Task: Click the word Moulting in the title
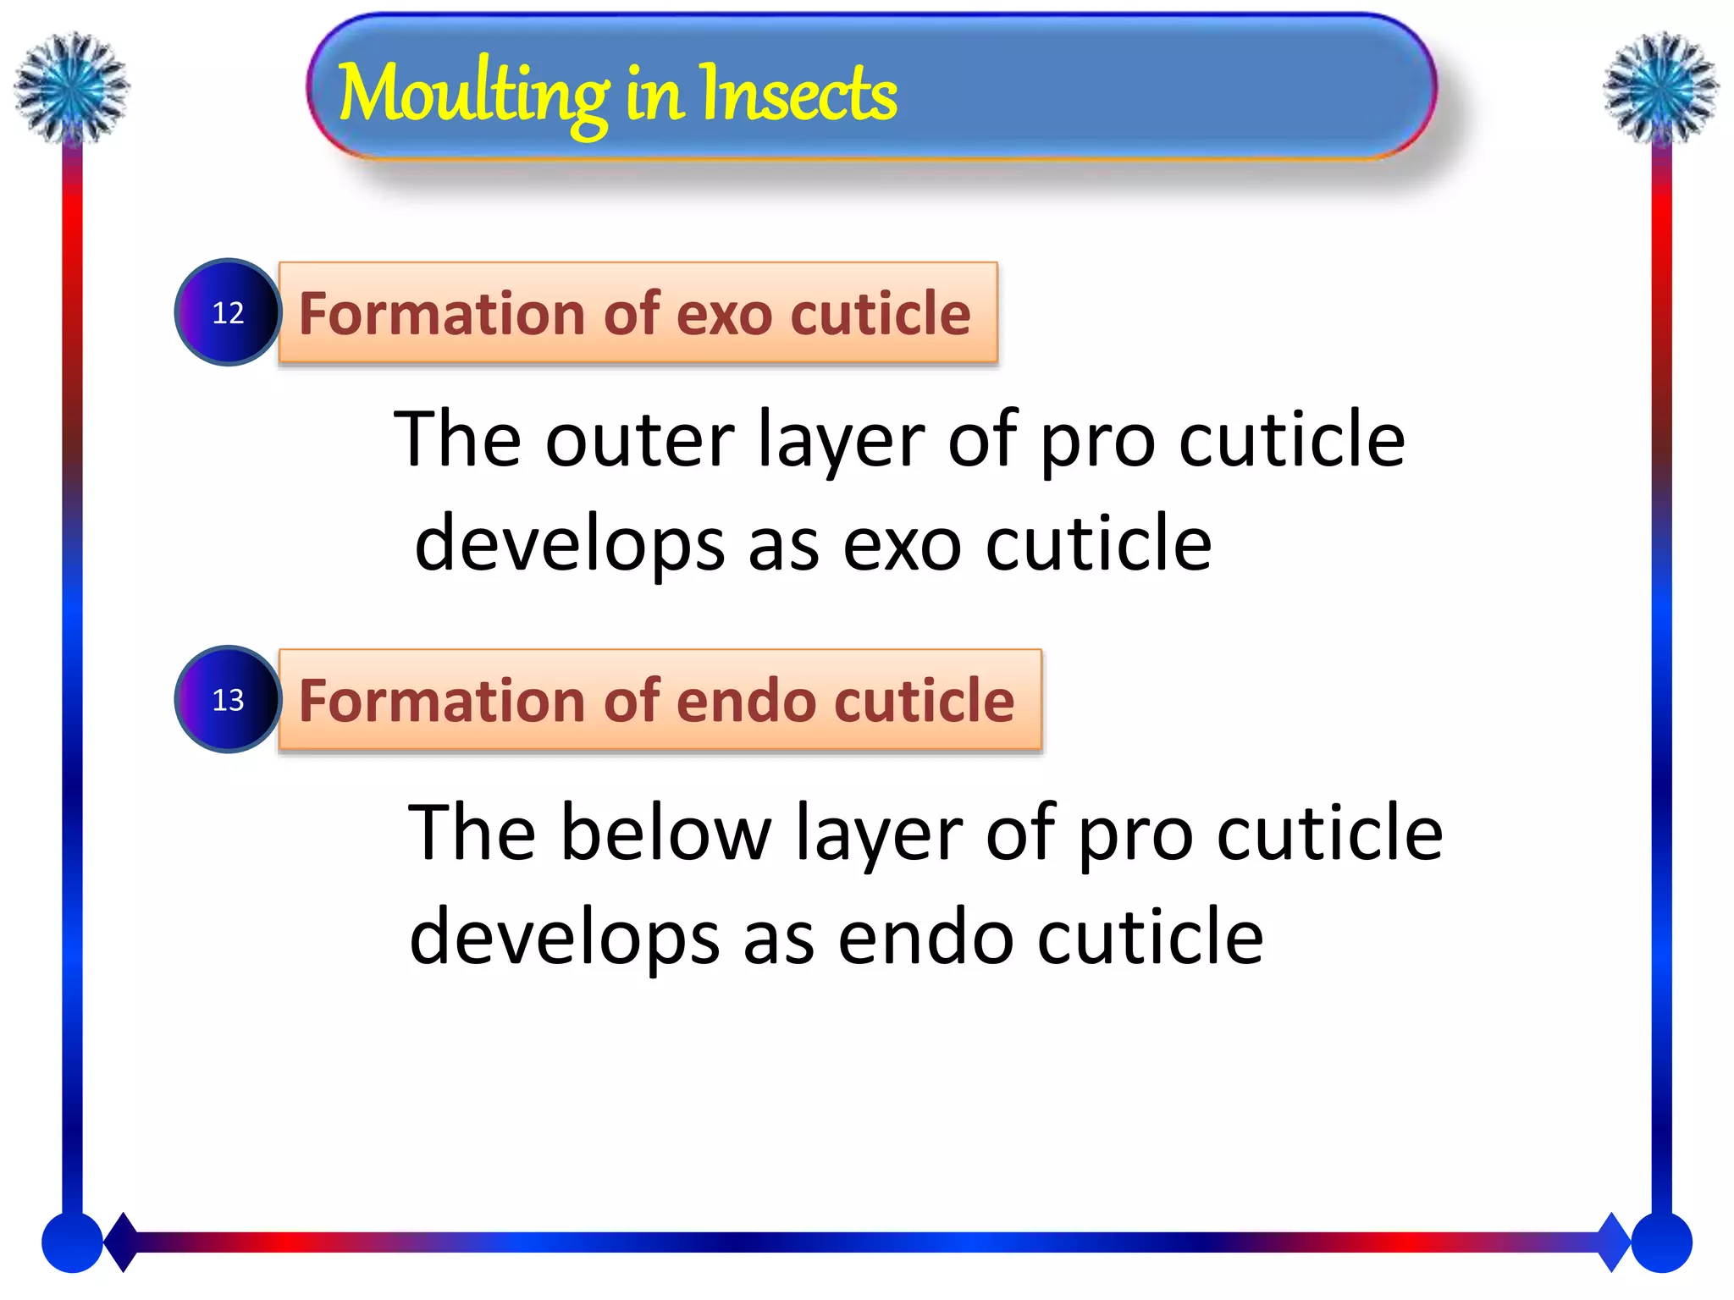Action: coord(472,95)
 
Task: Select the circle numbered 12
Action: coord(228,312)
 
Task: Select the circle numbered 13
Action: coord(228,699)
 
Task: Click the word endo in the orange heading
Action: coord(746,701)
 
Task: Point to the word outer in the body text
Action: coord(639,440)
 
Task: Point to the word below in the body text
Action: coord(665,835)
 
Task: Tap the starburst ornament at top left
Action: coord(72,87)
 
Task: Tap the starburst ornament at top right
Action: coord(1660,87)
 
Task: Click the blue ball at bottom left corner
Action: coord(72,1242)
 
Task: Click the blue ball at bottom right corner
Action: coord(1661,1242)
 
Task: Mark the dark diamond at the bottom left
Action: coord(123,1242)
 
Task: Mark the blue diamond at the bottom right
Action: coord(1613,1242)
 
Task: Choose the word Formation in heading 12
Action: coord(442,314)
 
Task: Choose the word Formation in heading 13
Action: coord(442,701)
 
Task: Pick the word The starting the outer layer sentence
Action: coord(457,440)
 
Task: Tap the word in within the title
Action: coord(654,95)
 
